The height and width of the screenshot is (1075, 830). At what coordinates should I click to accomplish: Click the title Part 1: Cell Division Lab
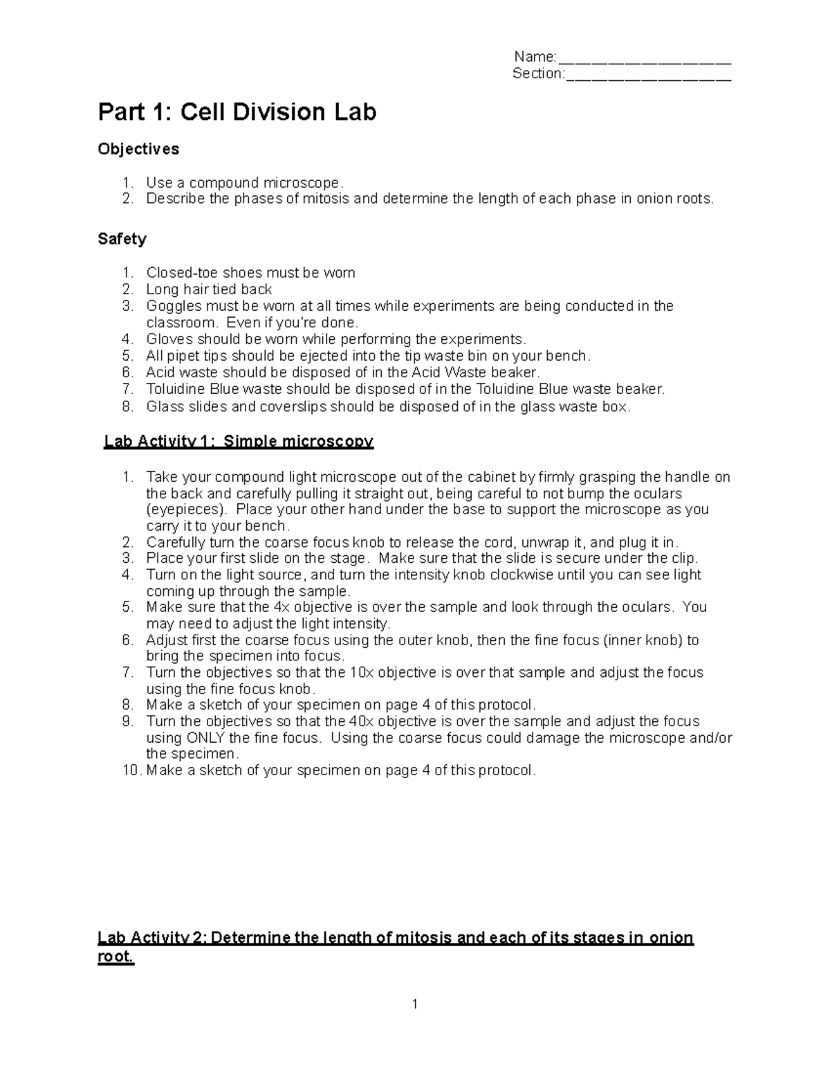237,112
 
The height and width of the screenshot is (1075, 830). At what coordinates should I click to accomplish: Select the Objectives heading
138,150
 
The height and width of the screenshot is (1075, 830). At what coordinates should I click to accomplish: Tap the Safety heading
122,240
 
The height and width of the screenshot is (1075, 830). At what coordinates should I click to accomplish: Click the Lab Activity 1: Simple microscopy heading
239,442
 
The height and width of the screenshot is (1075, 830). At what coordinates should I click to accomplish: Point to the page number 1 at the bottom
414,1004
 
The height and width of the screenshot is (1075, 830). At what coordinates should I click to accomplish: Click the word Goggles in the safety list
174,306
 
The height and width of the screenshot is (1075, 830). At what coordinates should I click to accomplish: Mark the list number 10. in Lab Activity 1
131,770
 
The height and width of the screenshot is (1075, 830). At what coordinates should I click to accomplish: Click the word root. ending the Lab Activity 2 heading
116,958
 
